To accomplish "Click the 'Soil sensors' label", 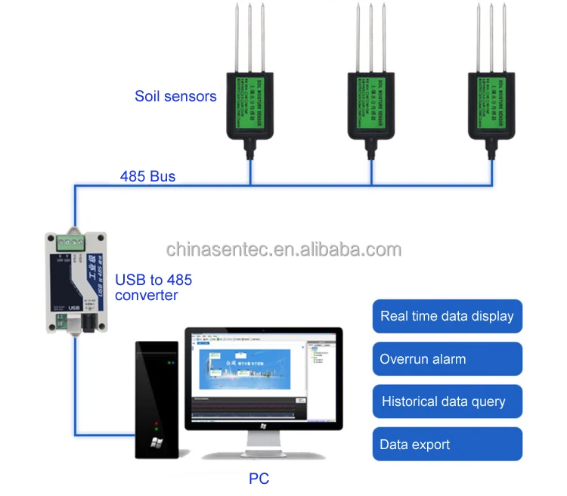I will pyautogui.click(x=175, y=96).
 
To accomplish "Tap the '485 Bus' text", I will pyautogui.click(x=147, y=177).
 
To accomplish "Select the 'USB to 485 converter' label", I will pyautogui.click(x=153, y=287).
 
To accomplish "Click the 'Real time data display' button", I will pyautogui.click(x=447, y=316).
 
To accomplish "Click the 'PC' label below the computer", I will pyautogui.click(x=259, y=478).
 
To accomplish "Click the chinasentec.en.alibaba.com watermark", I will pyautogui.click(x=283, y=250).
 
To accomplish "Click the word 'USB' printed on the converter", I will pyautogui.click(x=74, y=308).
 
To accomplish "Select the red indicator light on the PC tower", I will pyautogui.click(x=156, y=423).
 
